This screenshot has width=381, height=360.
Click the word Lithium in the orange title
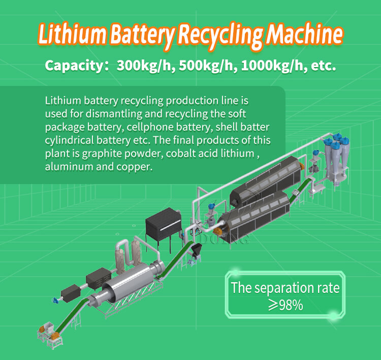(x=72, y=34)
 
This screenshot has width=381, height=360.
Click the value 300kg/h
(x=146, y=66)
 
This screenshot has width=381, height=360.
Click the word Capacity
(x=74, y=66)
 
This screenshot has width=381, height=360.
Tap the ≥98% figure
(x=285, y=305)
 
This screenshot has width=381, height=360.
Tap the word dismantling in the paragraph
(x=114, y=114)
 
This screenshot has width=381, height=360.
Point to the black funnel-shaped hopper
(x=196, y=250)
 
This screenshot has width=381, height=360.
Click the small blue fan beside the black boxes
(x=55, y=300)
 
